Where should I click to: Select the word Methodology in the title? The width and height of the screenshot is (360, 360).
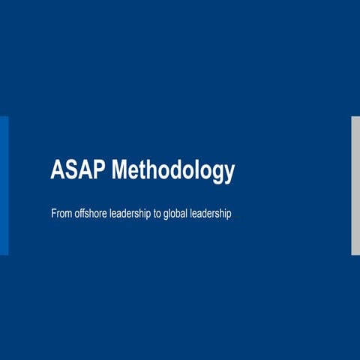(172, 171)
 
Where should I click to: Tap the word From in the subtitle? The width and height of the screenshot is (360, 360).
(61, 214)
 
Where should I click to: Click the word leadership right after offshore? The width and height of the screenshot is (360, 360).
(133, 214)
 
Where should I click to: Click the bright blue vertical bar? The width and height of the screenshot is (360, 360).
(4, 185)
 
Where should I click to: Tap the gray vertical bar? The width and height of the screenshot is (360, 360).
(355, 185)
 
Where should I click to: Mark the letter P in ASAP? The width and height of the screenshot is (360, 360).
(99, 171)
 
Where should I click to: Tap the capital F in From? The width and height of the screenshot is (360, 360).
(53, 214)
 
